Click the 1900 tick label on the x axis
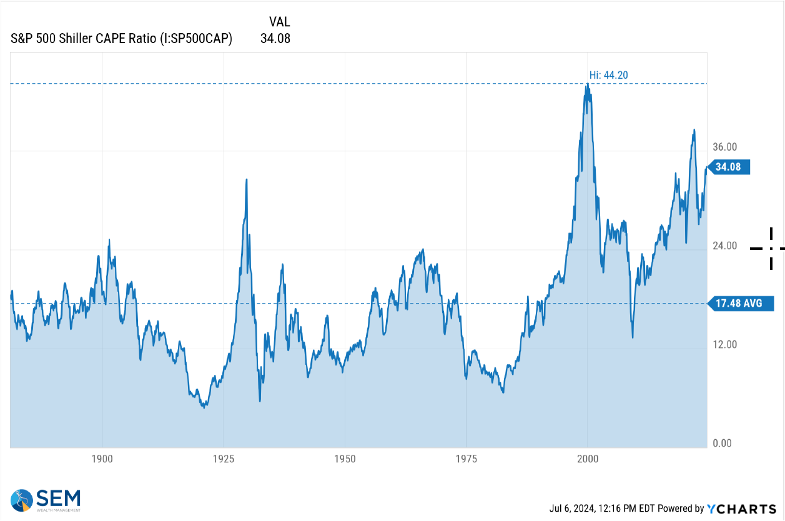[102, 459]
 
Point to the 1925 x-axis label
[224, 459]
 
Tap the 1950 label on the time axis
[345, 459]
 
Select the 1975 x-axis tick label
[466, 459]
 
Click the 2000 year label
[588, 459]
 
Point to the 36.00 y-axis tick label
[724, 147]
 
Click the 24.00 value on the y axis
[724, 246]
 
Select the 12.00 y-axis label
[724, 345]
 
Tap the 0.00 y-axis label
[722, 444]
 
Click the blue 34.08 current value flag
[729, 167]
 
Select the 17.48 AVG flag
[741, 303]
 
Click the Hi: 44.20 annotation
[609, 75]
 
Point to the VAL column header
[279, 22]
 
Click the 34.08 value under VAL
[275, 39]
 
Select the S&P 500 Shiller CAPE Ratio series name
[121, 39]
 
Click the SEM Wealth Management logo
[46, 500]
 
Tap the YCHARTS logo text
[741, 509]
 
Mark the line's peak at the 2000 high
[588, 84]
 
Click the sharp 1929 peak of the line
[246, 179]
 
